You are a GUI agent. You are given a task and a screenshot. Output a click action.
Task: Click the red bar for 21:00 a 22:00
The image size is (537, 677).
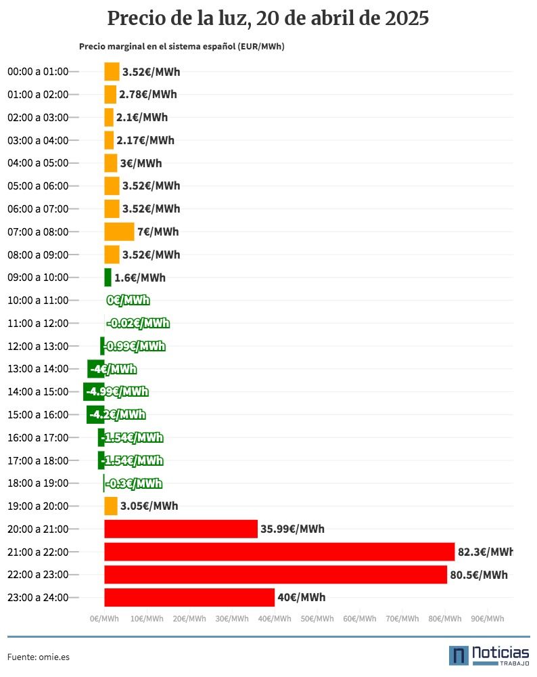pos(279,552)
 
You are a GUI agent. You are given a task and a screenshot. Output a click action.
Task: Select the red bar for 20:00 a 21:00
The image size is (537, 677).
pos(181,529)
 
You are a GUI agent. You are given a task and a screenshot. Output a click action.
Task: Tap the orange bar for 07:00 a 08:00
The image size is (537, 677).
pos(119,232)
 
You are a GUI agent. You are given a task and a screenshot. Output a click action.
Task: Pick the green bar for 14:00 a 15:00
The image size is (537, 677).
pos(93,391)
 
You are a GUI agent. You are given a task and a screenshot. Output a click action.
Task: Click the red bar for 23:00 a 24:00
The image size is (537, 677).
pos(189,598)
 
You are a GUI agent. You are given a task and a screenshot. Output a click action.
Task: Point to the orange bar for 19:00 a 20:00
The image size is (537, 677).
pos(111,506)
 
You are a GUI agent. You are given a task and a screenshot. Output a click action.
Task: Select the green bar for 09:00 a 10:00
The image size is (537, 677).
pos(108,278)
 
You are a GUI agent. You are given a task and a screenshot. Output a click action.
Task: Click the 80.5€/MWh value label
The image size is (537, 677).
pos(479,575)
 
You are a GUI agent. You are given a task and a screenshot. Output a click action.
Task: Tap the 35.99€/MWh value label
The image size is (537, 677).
pos(292,529)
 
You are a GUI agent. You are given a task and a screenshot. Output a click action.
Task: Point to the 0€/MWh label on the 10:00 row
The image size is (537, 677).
pos(128,300)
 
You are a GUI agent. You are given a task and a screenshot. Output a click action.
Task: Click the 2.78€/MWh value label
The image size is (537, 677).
pos(148,95)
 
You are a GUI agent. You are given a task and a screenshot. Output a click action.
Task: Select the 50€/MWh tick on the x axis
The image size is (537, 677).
pos(317,619)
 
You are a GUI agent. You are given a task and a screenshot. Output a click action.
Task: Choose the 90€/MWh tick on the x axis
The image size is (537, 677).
pos(488,619)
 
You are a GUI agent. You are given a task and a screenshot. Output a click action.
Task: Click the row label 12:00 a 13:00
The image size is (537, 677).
pos(38,346)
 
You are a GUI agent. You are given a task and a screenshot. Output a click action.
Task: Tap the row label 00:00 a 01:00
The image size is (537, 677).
pos(38,72)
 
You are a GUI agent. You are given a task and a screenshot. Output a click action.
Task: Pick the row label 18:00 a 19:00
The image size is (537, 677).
pos(38,483)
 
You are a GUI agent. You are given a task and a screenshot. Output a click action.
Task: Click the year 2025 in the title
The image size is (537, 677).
pos(407,18)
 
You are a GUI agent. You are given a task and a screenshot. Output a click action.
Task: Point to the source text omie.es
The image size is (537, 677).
pos(54,657)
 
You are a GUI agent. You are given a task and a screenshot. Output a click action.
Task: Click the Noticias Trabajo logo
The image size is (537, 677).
pos(489,656)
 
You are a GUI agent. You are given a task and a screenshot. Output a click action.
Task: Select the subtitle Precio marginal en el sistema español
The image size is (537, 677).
pos(157,47)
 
